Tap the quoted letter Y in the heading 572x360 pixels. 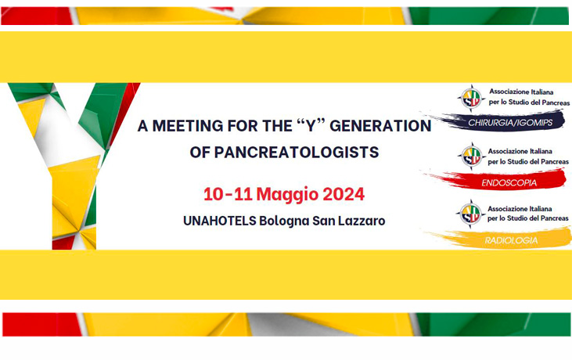click(311, 126)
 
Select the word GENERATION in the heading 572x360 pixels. click(380, 126)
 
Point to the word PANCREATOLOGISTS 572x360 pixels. click(296, 152)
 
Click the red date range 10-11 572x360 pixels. click(228, 194)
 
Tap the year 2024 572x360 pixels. click(344, 194)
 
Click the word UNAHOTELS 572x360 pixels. click(220, 221)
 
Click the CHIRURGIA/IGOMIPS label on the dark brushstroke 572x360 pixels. click(510, 123)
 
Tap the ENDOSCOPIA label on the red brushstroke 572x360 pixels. click(509, 182)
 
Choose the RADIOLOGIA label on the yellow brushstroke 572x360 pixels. click(511, 240)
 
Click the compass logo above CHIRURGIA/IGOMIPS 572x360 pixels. click(471, 98)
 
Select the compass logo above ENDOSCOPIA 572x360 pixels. click(471, 156)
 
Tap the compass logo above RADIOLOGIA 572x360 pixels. click(470, 214)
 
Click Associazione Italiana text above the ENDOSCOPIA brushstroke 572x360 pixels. click(520, 151)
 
